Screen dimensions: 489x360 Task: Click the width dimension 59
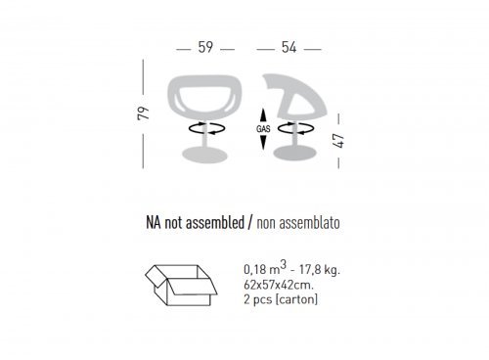(x=205, y=47)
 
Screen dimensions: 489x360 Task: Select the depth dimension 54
(x=289, y=47)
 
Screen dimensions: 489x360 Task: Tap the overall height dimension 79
(x=143, y=113)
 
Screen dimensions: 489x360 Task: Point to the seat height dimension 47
(x=339, y=141)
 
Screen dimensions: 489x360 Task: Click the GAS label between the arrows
(x=263, y=129)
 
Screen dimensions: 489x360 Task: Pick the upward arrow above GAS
(x=263, y=116)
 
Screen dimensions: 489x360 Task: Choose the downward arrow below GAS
(x=263, y=142)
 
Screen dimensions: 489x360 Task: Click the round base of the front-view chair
(x=204, y=155)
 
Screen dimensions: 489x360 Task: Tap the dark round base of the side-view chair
(x=294, y=154)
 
